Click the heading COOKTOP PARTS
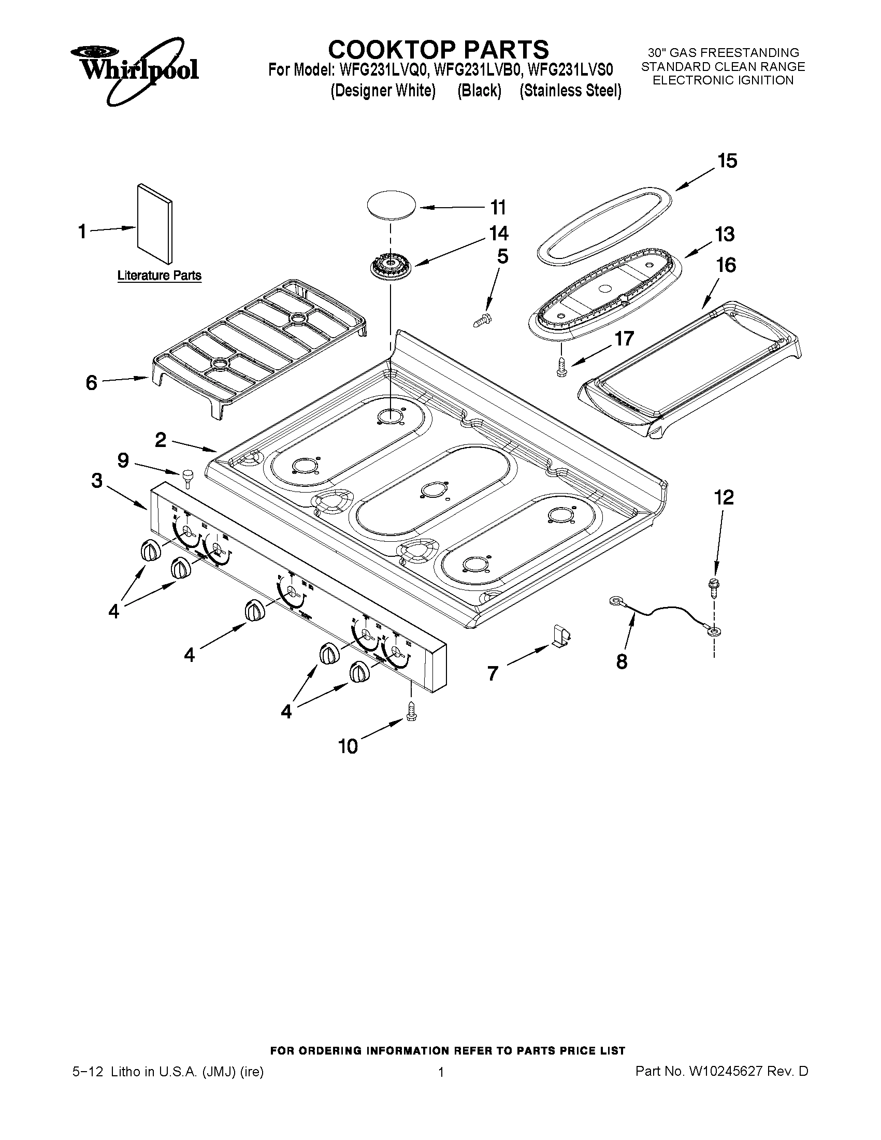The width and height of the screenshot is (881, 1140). tap(438, 50)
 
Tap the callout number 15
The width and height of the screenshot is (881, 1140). tap(727, 161)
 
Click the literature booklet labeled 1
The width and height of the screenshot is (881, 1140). tap(155, 223)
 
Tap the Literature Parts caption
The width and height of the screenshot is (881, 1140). tap(159, 276)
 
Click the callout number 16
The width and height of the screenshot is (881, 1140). tap(726, 265)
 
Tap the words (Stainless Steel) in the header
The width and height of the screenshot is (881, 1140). tap(570, 91)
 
